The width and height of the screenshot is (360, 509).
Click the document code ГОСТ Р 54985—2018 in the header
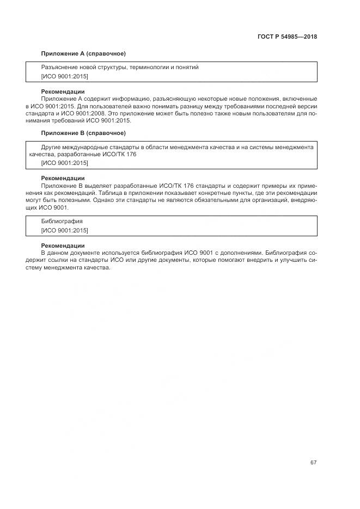(287, 37)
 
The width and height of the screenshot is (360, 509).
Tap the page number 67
(313, 463)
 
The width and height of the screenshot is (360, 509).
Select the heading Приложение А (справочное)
(83, 53)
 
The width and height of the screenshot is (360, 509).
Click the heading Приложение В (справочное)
(83, 133)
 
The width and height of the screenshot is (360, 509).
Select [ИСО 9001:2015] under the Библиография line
(64, 230)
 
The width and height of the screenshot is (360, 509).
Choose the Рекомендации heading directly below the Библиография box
(63, 246)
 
